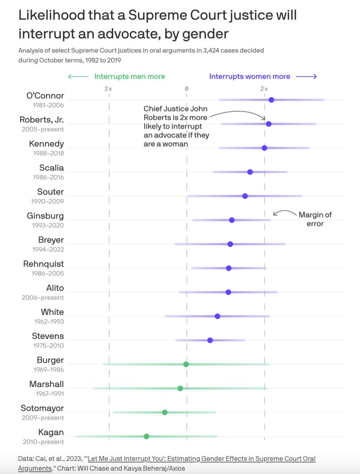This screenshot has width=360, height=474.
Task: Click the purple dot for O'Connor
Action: (x=271, y=100)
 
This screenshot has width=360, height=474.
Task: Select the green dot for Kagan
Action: (x=146, y=436)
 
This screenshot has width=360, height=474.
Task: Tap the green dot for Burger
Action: (x=186, y=364)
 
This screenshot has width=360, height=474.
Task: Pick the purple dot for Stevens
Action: (x=210, y=340)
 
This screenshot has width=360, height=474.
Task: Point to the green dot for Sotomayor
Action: (x=164, y=412)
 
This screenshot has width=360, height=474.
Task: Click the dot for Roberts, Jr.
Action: (x=268, y=124)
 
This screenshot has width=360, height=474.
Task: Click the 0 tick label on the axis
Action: (x=187, y=89)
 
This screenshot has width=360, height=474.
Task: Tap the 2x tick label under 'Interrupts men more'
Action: (x=108, y=89)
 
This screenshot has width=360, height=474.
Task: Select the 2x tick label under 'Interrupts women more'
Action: (x=264, y=89)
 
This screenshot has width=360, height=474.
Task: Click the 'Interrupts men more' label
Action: (x=130, y=77)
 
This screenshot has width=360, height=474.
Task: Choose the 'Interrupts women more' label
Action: (x=249, y=77)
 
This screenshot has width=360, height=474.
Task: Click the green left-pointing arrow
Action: (x=78, y=77)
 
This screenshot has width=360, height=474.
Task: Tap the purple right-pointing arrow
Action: (x=306, y=77)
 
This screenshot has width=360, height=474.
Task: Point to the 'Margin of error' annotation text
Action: (x=315, y=219)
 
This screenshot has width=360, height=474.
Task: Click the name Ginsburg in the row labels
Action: (x=45, y=216)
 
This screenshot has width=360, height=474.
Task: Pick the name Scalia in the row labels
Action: (x=51, y=168)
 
